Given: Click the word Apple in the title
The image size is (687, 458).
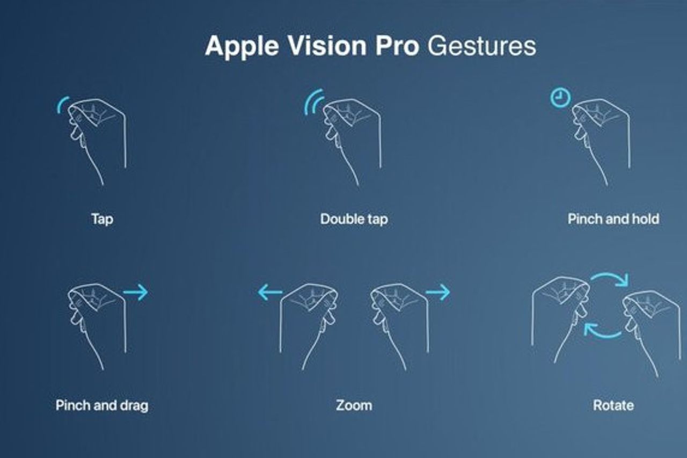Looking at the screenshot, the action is coord(242,47).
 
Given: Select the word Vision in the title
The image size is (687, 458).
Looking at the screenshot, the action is coord(327,46).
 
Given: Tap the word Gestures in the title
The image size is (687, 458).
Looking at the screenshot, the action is coord(482,46).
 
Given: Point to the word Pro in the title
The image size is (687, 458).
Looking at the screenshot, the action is coord(397,46).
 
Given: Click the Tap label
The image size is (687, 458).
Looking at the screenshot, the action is coord(103,220).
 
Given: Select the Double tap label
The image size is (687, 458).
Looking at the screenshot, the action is coord(354,220).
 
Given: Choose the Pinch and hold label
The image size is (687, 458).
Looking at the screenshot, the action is coord(613,219).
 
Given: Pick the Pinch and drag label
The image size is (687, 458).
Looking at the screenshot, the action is coord(102,405).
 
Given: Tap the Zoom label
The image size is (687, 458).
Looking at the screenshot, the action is coord(354,405).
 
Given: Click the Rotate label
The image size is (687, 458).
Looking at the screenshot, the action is coord(613,405).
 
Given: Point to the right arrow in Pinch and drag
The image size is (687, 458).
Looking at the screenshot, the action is coord(136,292).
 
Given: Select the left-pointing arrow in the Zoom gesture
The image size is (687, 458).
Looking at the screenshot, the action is coord(270,292).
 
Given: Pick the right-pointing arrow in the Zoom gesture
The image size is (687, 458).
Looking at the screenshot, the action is coord(438,292).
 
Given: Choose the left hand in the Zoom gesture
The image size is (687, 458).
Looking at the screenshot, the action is coord(308,326).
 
